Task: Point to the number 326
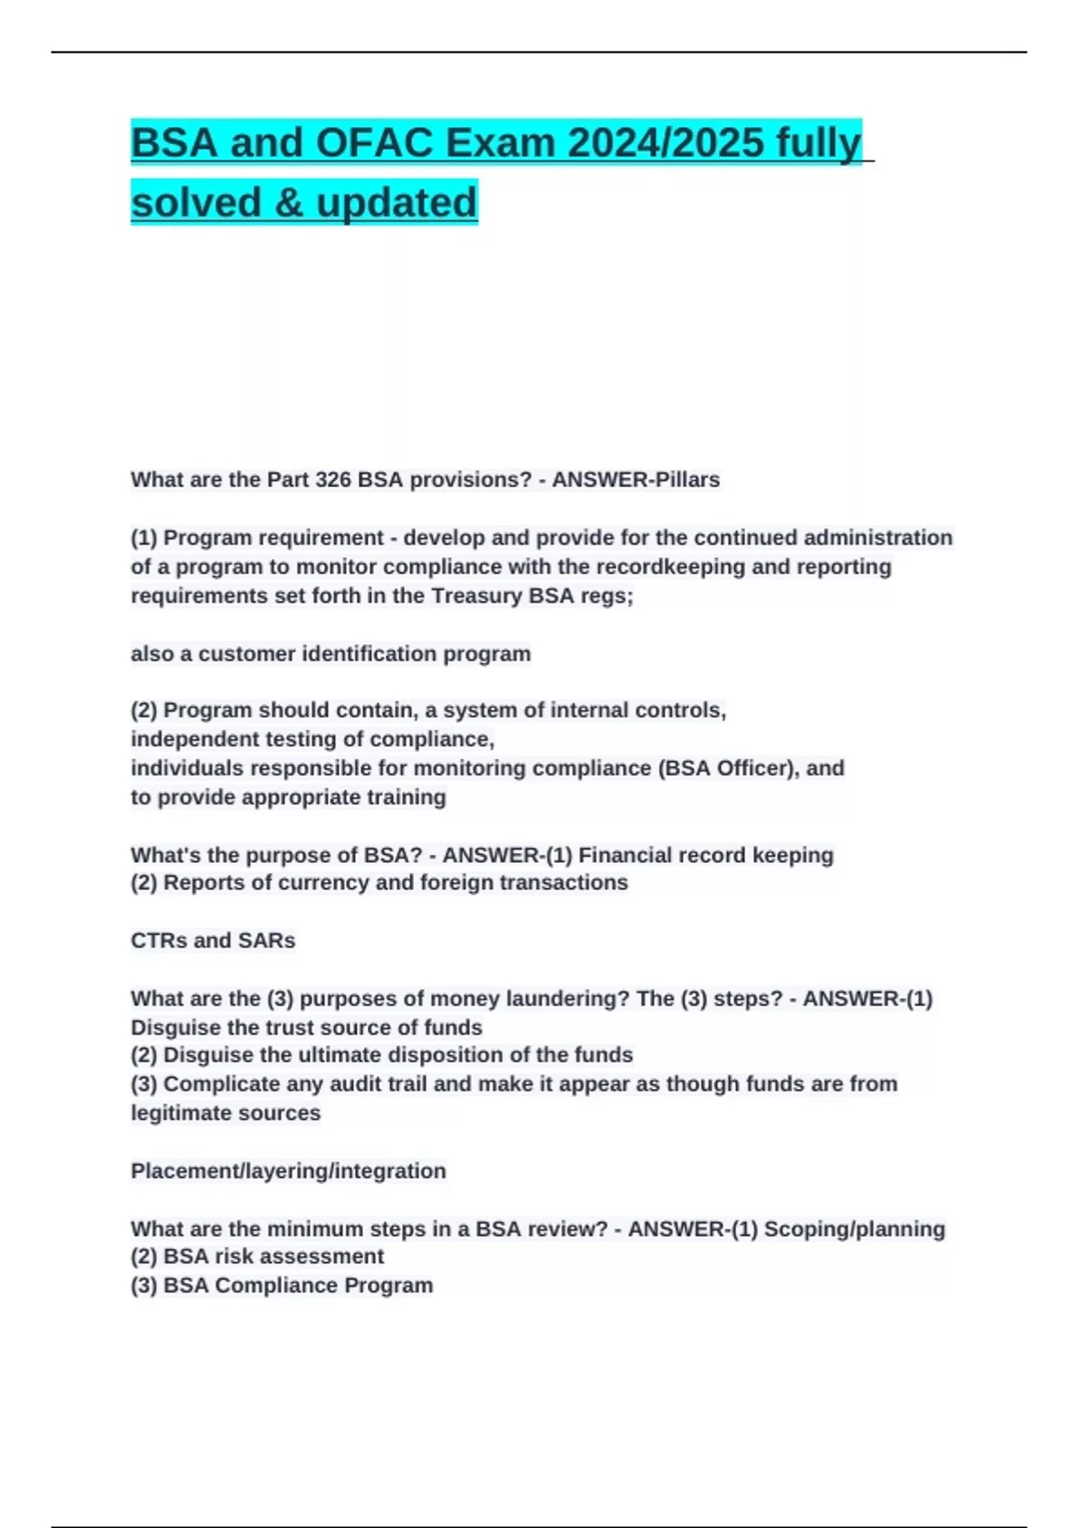click(x=333, y=480)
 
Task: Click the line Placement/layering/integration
click(x=289, y=1171)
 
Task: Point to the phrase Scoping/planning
click(x=854, y=1229)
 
